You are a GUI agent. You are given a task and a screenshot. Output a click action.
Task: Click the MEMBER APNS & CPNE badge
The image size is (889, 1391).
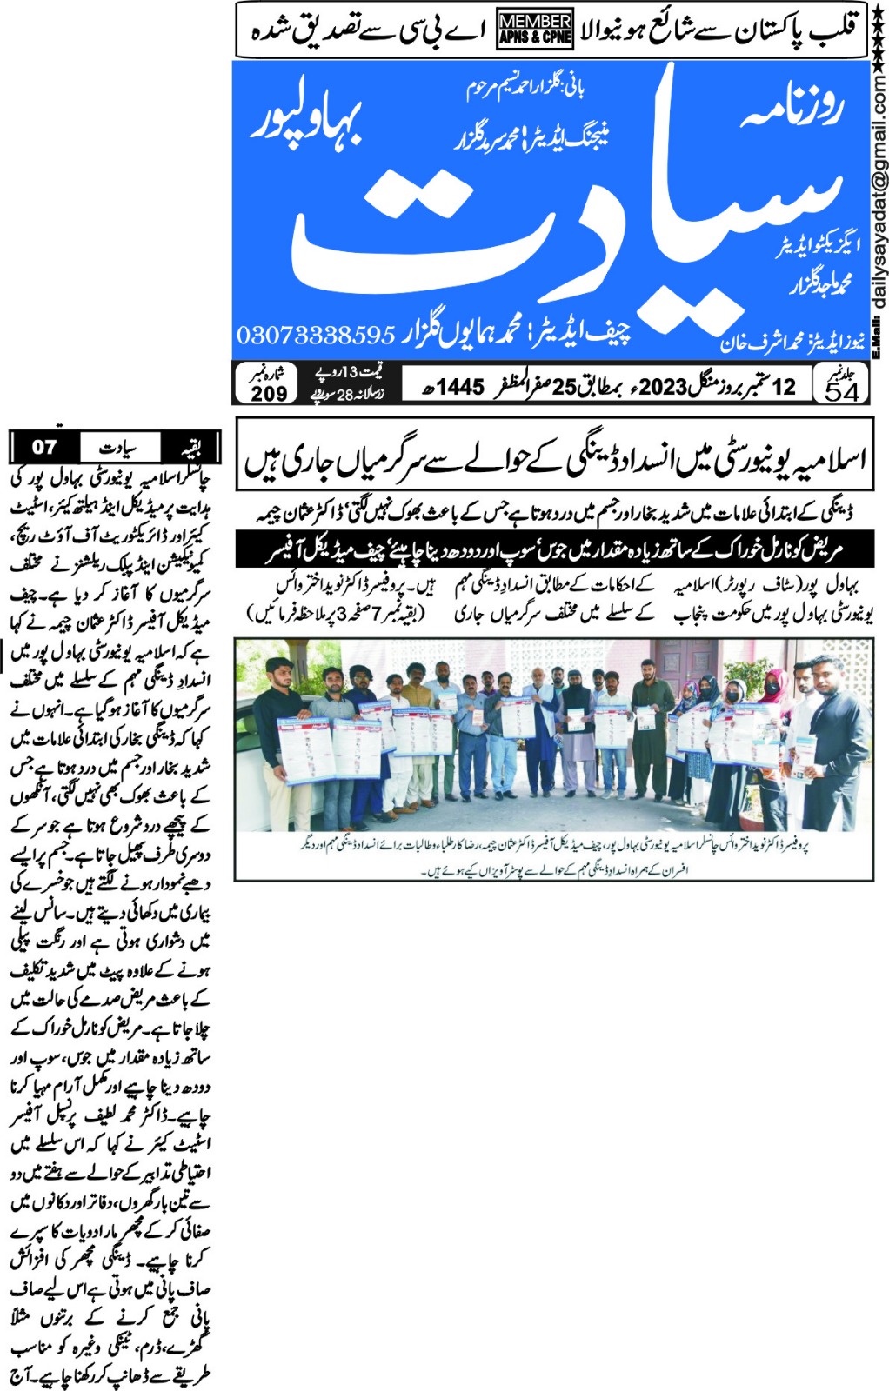coord(535,29)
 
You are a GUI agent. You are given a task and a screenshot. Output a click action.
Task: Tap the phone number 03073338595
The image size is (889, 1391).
coord(316,334)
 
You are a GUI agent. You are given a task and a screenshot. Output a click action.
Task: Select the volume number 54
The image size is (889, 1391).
coord(841,391)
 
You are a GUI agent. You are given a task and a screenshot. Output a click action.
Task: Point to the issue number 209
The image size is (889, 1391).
coord(269,393)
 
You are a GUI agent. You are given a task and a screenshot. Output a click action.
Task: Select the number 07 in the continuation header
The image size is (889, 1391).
coord(44,448)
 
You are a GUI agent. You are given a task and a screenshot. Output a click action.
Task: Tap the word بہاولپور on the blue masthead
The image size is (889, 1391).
coord(306,122)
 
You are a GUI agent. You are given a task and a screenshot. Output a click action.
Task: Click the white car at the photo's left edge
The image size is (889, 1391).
coord(248,765)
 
